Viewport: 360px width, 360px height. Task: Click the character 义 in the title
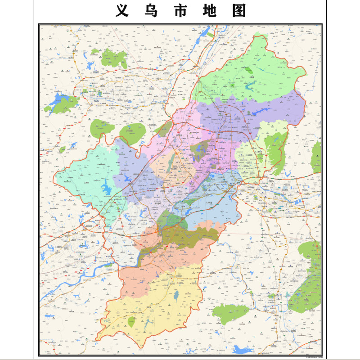coord(122,10)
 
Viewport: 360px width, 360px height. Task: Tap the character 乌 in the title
coord(151,10)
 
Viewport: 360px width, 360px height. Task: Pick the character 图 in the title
coord(239,10)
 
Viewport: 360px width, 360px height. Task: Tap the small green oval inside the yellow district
coord(131,321)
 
